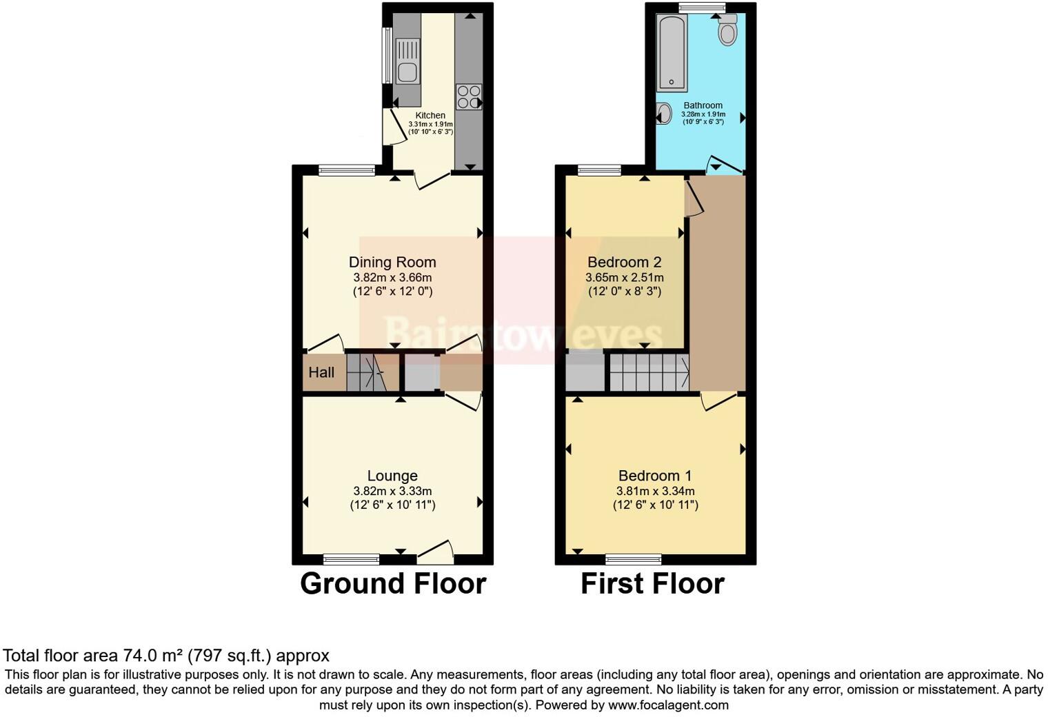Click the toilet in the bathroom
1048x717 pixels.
pos(727,30)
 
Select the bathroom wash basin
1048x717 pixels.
pos(664,113)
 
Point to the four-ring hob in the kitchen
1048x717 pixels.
pos(468,97)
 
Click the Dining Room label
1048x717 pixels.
pos(392,262)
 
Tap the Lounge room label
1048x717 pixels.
pos(392,476)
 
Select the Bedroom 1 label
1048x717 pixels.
pos(655,476)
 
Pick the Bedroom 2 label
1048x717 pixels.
pos(624,262)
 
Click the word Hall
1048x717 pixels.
pos(321,373)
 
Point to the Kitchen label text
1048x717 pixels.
pos(430,115)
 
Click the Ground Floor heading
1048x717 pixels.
pos(393,584)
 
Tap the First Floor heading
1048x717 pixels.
pos(652,584)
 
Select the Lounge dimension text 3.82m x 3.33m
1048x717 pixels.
pos(392,491)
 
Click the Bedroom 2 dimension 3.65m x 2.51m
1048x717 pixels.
pos(624,277)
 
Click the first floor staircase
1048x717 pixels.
pos(648,372)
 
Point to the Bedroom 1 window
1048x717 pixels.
pos(633,558)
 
